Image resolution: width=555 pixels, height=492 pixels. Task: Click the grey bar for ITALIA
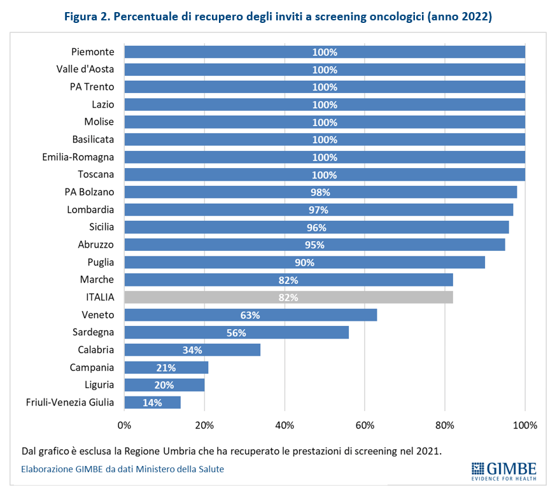point(288,297)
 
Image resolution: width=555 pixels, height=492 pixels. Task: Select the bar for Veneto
point(250,314)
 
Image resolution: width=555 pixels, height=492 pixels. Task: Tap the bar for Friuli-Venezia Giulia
point(152,402)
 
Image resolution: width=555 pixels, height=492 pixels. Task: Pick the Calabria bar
point(192,349)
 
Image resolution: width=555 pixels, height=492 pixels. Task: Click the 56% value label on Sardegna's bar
point(236,332)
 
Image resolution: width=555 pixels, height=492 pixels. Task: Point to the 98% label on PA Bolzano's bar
point(320,192)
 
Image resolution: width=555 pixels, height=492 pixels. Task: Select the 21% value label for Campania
point(166,367)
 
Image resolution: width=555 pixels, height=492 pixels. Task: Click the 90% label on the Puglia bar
point(304,262)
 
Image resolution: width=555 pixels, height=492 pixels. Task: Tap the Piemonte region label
point(93,52)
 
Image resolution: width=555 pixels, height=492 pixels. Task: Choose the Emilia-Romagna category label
point(78,157)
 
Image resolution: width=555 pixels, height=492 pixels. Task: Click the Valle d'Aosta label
point(85,69)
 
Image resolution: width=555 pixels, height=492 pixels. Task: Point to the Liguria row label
point(99,384)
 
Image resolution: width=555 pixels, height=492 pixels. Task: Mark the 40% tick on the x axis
point(285,425)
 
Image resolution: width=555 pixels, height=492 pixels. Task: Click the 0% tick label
point(124,425)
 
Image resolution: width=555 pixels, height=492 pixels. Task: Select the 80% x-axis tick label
point(445,425)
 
